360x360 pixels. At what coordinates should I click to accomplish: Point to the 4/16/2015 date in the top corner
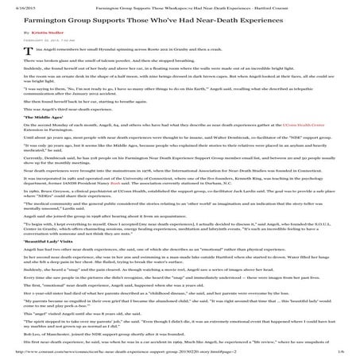[x=15, y=4]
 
